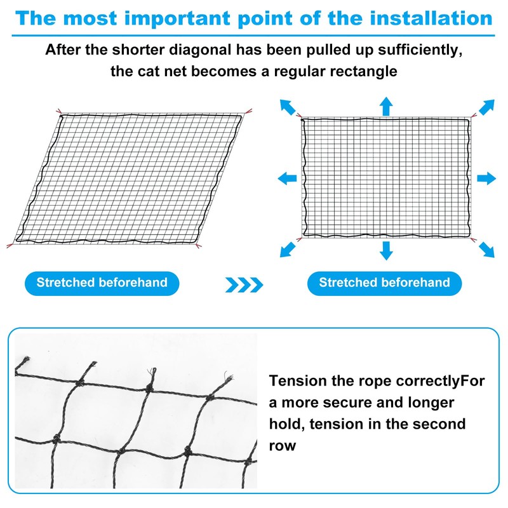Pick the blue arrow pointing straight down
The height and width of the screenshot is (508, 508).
(x=386, y=251)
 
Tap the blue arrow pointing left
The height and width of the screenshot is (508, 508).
(x=286, y=178)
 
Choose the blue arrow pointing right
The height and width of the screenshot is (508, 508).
(x=486, y=178)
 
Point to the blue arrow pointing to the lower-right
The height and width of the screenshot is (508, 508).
(x=486, y=249)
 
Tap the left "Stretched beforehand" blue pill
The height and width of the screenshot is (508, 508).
(x=102, y=283)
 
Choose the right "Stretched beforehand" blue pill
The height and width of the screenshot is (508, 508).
(x=384, y=283)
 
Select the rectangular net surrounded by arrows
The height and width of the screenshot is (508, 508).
(x=386, y=178)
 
